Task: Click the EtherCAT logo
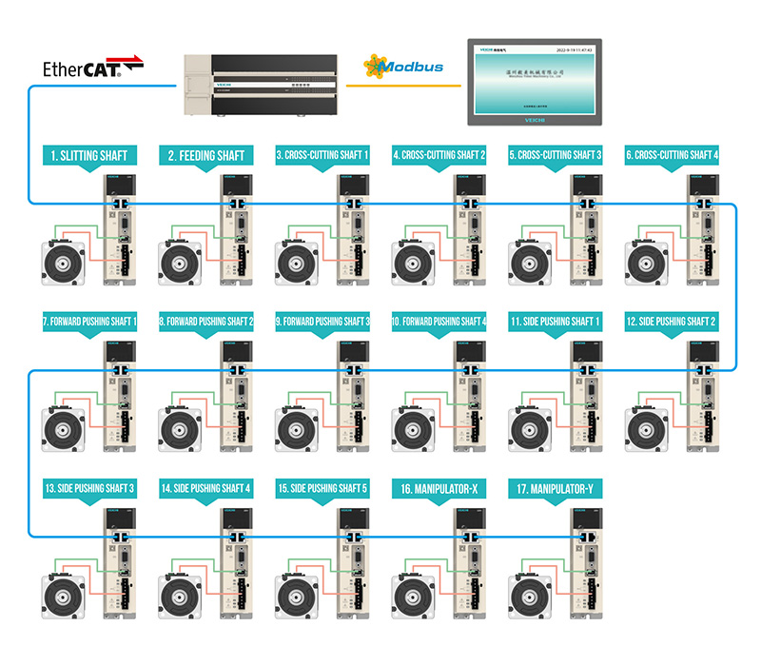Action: point(94,68)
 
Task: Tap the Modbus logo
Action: point(403,68)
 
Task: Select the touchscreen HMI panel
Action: point(534,82)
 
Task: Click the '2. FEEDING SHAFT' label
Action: point(206,155)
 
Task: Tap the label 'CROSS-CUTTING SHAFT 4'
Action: point(671,155)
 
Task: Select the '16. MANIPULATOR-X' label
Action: point(439,488)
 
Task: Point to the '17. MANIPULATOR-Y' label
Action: point(555,488)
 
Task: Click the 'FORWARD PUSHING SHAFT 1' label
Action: point(90,322)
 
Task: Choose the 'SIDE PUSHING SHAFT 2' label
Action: point(671,322)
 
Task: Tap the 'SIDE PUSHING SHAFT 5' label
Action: point(322,488)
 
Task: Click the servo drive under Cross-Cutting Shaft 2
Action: point(466,229)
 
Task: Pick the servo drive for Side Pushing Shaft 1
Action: point(583,396)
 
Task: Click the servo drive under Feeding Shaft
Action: point(234,229)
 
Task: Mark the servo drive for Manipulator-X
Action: point(466,562)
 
